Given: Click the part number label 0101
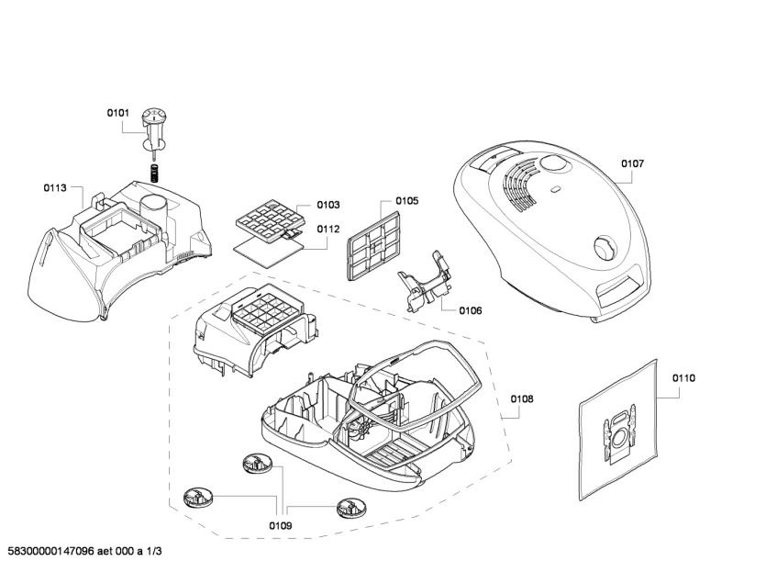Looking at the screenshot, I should (x=118, y=113).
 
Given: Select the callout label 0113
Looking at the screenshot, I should (x=55, y=187).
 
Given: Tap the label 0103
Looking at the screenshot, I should (x=328, y=205).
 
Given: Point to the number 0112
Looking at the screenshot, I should (x=328, y=230).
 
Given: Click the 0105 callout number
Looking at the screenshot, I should (x=407, y=201).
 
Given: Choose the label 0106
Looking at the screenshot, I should (x=470, y=310).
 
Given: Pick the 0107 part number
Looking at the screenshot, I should (x=632, y=163).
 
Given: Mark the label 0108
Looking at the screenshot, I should (x=522, y=399).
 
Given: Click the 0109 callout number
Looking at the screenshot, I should (x=281, y=526).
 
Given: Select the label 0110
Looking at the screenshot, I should (x=683, y=377).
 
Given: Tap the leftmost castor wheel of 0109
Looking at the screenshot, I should (x=197, y=499).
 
